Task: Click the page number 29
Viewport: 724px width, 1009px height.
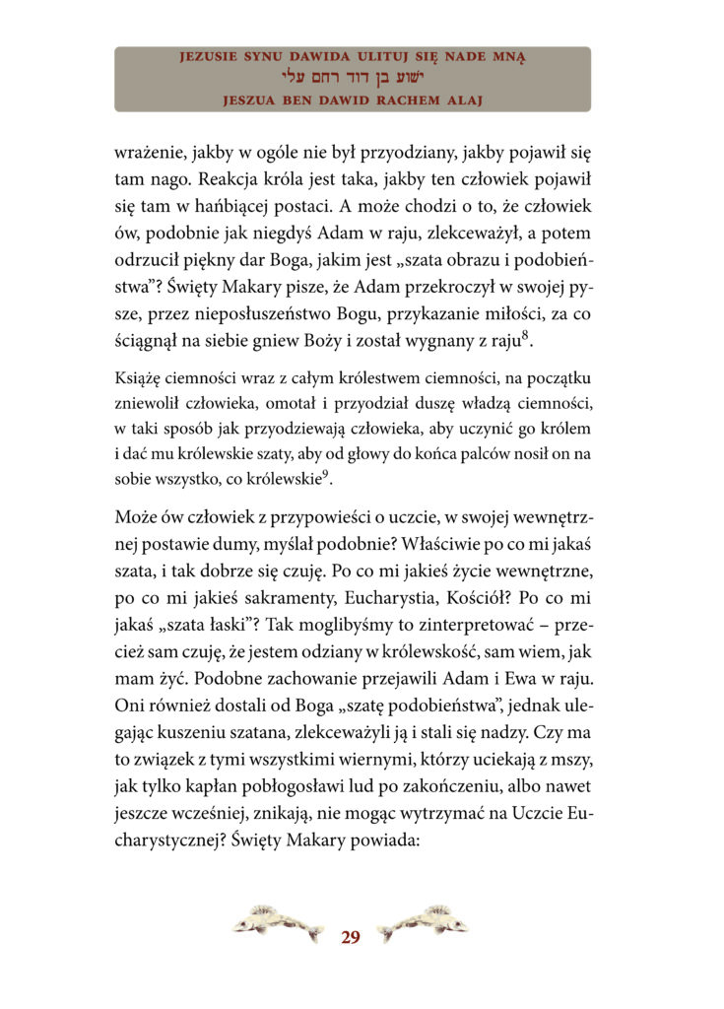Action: coord(351,937)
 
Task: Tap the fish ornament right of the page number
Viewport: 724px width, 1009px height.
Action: coord(423,923)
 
